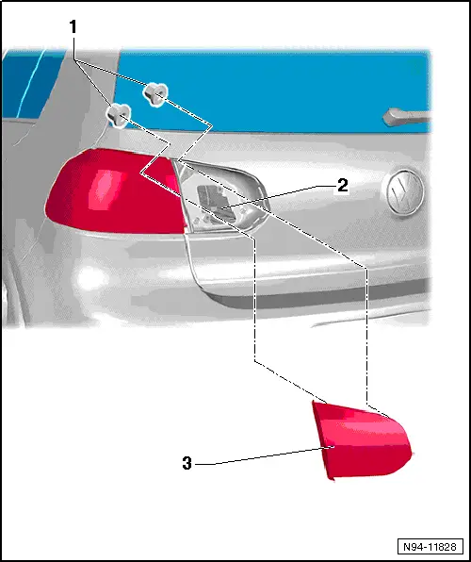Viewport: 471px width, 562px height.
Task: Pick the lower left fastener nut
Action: pos(119,114)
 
